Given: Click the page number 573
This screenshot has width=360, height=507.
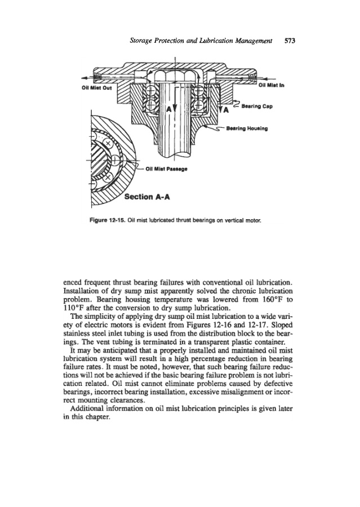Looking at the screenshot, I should (x=291, y=41).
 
